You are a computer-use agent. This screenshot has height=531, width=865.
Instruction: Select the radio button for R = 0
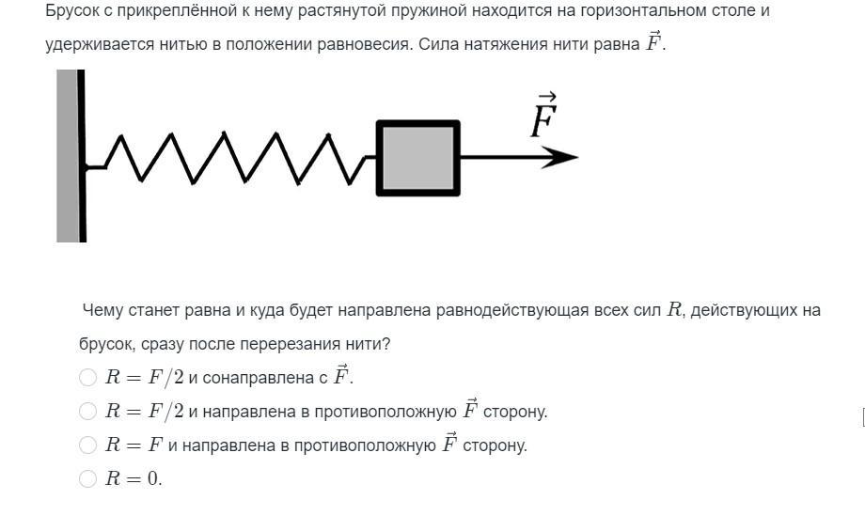(x=87, y=478)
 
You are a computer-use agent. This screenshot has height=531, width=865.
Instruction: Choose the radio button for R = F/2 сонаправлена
(x=87, y=377)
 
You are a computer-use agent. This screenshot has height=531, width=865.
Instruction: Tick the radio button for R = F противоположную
(x=87, y=445)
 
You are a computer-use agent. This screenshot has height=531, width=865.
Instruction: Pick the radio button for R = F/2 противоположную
(x=87, y=411)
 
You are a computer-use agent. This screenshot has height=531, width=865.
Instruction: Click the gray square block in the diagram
(x=417, y=158)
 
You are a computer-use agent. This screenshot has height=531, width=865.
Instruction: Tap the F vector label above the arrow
(x=544, y=116)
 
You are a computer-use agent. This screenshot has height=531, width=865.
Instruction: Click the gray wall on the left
(x=68, y=155)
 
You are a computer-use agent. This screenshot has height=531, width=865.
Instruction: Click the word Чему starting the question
(x=102, y=310)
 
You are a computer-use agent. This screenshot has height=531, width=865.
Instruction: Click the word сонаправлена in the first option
(x=259, y=378)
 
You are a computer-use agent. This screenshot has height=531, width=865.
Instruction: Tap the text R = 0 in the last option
(x=134, y=478)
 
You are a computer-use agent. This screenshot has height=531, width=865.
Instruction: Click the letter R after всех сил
(x=674, y=309)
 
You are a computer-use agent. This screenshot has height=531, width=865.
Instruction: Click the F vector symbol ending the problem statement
(x=653, y=42)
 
